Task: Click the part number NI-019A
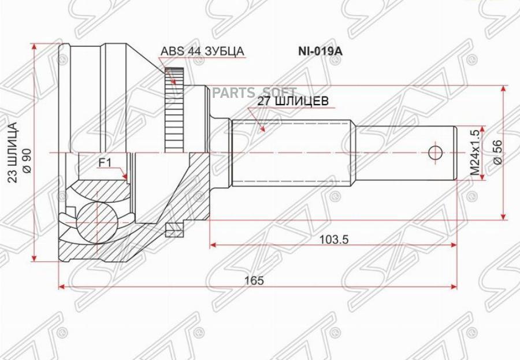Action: (x=320, y=51)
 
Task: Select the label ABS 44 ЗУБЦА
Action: (x=202, y=51)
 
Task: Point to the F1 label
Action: (x=104, y=163)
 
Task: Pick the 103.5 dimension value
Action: (x=334, y=239)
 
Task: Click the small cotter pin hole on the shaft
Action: (x=435, y=153)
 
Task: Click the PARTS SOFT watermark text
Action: (x=254, y=92)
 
